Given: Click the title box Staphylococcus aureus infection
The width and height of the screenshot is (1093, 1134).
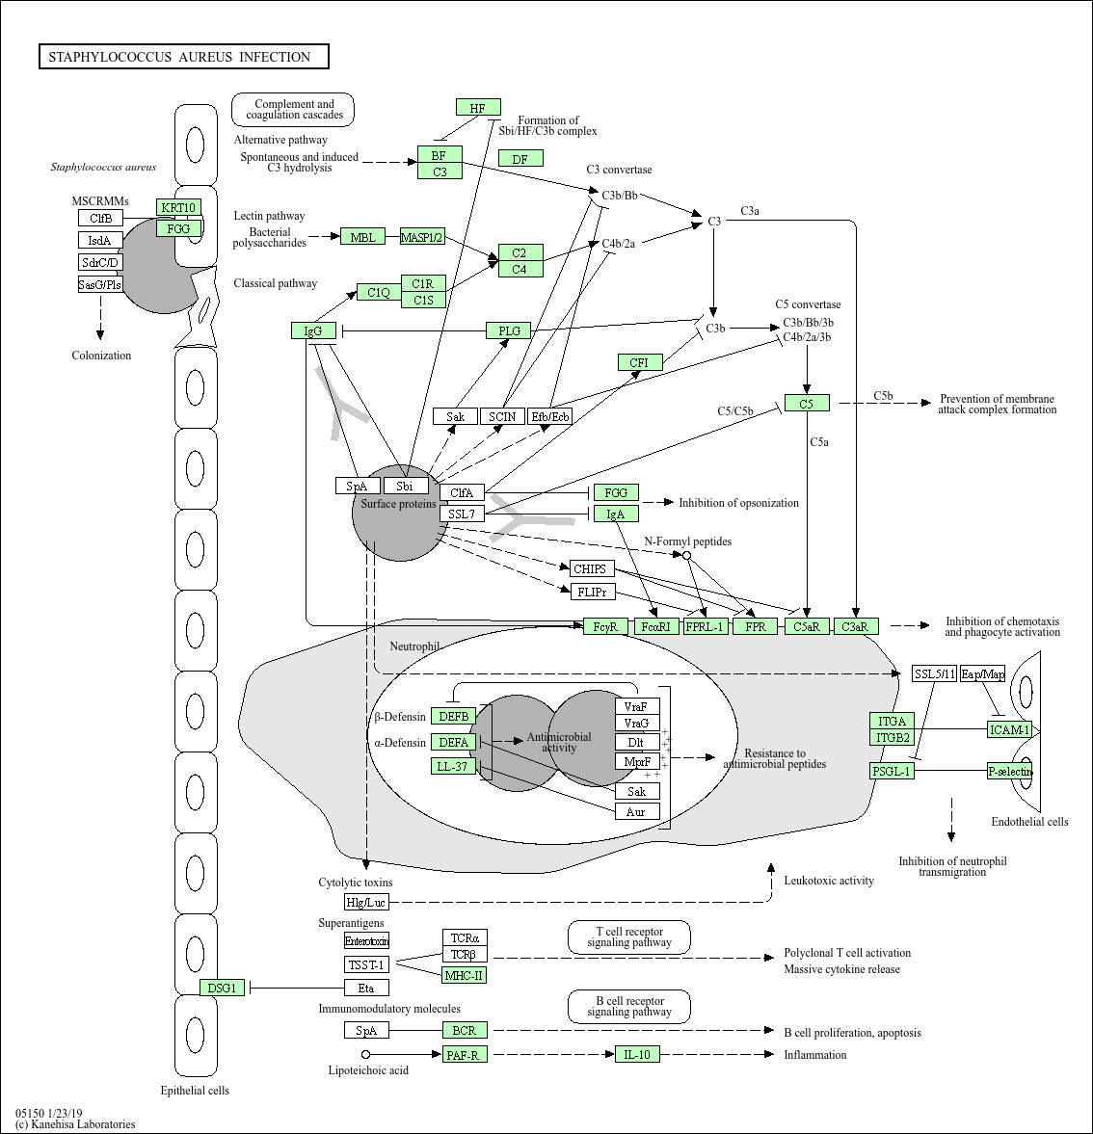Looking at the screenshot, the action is tap(184, 57).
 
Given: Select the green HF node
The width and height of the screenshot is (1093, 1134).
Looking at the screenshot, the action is tap(478, 108).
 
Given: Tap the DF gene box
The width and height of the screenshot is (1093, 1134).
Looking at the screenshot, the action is tap(520, 158).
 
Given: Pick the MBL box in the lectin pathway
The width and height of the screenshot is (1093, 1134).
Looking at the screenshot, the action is tap(362, 236).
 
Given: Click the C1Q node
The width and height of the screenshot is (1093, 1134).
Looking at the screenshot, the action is tap(379, 292).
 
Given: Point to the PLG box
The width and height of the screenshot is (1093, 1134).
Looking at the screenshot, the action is tap(509, 330).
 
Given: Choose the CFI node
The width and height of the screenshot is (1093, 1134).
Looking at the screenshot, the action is tap(640, 362).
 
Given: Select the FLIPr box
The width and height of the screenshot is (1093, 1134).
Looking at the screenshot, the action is tap(593, 592).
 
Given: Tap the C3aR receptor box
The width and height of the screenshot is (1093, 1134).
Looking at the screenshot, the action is tap(856, 626).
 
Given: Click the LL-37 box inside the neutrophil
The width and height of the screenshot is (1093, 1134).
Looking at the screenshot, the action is tap(453, 765).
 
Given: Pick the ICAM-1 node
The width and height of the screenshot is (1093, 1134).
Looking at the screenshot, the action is tap(1010, 729).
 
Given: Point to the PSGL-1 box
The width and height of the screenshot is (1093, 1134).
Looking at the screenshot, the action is tap(892, 771).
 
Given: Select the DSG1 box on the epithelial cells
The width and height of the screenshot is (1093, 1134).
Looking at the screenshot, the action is tap(222, 988).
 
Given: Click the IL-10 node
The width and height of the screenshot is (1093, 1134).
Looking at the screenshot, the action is tap(637, 1054).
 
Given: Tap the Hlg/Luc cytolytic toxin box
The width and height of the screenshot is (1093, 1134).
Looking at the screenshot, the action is tap(367, 902).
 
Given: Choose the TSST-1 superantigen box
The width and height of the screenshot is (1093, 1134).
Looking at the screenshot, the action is tap(367, 964).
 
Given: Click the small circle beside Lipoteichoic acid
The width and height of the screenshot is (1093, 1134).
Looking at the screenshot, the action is tap(366, 1054).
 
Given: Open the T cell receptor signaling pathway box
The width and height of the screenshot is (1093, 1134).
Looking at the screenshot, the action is tap(629, 937).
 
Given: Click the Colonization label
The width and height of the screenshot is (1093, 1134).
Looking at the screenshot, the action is tap(101, 356).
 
